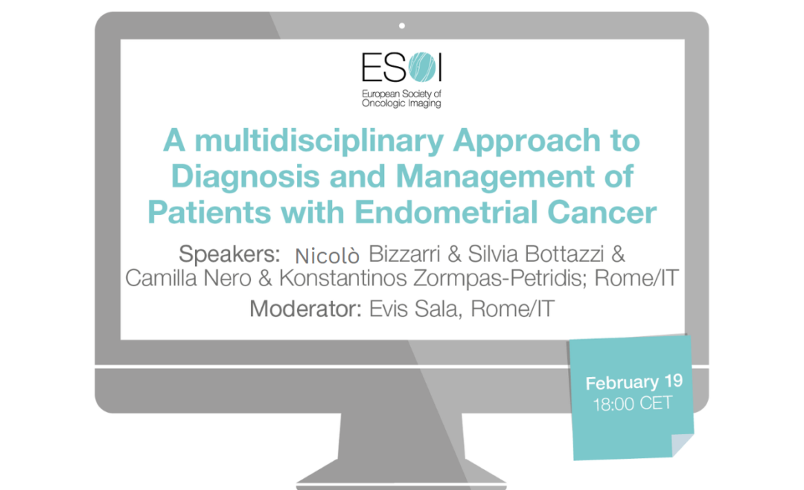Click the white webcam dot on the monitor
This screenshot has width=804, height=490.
coord(402,25)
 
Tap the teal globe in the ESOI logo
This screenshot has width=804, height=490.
coord(423,67)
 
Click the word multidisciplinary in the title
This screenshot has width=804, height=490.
coord(319,142)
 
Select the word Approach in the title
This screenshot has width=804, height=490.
coord(526,142)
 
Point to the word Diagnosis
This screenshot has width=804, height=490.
coord(246,178)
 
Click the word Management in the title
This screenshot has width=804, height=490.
coord(495,178)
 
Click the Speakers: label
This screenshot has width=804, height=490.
coord(229,254)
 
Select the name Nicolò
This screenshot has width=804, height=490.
coord(327,256)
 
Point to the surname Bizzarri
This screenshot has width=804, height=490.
coord(404,254)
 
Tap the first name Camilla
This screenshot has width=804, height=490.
coord(162,278)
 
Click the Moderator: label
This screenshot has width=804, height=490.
coord(306,309)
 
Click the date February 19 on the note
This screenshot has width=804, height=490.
coord(634,382)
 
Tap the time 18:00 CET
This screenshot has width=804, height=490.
coord(632,404)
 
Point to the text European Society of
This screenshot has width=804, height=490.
coord(401,94)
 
